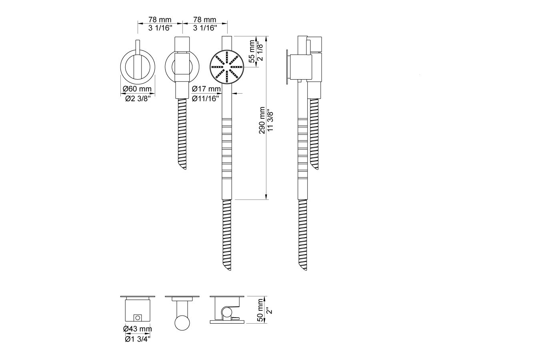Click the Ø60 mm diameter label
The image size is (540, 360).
(x=137, y=88)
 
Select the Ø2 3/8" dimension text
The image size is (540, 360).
(x=137, y=98)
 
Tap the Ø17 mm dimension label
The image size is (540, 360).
(x=206, y=88)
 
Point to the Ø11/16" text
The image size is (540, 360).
(x=206, y=98)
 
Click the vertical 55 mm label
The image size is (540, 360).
(x=252, y=50)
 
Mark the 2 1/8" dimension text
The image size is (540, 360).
(x=260, y=50)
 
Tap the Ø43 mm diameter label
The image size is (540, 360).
(x=137, y=329)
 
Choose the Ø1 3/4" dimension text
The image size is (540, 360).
(x=137, y=339)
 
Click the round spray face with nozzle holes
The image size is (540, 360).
(x=226, y=66)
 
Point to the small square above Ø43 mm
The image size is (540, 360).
(x=138, y=318)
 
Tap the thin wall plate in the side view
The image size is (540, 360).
(x=287, y=67)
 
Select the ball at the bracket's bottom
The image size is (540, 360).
(x=182, y=322)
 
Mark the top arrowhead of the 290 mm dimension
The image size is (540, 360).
(x=266, y=38)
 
